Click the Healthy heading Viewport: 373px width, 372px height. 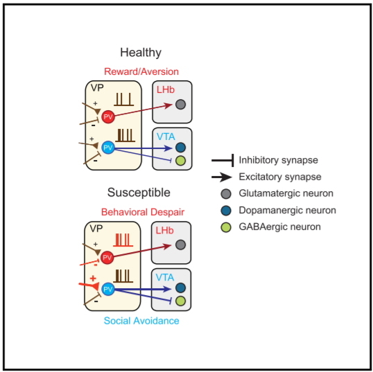point(141,53)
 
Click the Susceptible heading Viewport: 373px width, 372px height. point(139,193)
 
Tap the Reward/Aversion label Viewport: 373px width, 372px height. point(141,71)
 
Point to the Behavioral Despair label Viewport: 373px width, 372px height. point(143,212)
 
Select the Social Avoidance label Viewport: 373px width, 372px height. point(141,321)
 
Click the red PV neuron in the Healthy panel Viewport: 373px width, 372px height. point(108,116)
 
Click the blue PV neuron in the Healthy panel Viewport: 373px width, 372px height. point(108,148)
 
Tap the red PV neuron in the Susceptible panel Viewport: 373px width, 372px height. point(107,258)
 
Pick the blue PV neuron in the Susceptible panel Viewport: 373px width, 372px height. point(107,289)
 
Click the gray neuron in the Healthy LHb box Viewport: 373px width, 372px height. point(180,105)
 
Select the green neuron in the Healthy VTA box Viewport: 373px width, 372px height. point(180,161)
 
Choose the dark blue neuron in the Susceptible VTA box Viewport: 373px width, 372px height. point(180,287)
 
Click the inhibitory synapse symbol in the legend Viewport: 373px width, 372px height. point(223,160)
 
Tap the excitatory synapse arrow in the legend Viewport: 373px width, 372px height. point(221,177)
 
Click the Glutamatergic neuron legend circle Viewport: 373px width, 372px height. point(226,194)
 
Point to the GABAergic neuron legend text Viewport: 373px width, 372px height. point(280,227)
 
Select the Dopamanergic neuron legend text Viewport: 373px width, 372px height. point(287,211)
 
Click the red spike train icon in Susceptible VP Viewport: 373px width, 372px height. point(123,240)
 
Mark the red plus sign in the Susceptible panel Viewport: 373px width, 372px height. point(93,278)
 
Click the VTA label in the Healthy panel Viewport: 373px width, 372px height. point(166,136)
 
